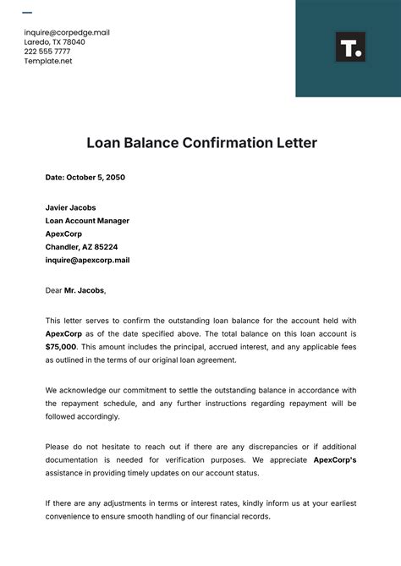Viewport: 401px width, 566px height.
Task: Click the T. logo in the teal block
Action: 350,47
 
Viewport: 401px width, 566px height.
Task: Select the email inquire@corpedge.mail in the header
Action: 67,33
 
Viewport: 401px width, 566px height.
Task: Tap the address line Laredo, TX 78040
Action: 55,42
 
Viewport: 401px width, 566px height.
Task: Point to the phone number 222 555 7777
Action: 47,52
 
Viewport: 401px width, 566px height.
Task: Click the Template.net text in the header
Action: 48,61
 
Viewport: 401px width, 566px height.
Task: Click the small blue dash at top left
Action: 27,13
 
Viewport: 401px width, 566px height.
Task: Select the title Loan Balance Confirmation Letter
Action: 201,143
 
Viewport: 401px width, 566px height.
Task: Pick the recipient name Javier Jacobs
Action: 70,207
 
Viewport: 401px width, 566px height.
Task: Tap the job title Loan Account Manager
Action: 87,221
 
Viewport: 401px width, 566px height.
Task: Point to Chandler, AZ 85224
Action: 81,247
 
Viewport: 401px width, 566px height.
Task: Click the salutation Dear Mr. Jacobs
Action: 76,290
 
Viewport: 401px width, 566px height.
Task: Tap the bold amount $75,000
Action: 61,347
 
